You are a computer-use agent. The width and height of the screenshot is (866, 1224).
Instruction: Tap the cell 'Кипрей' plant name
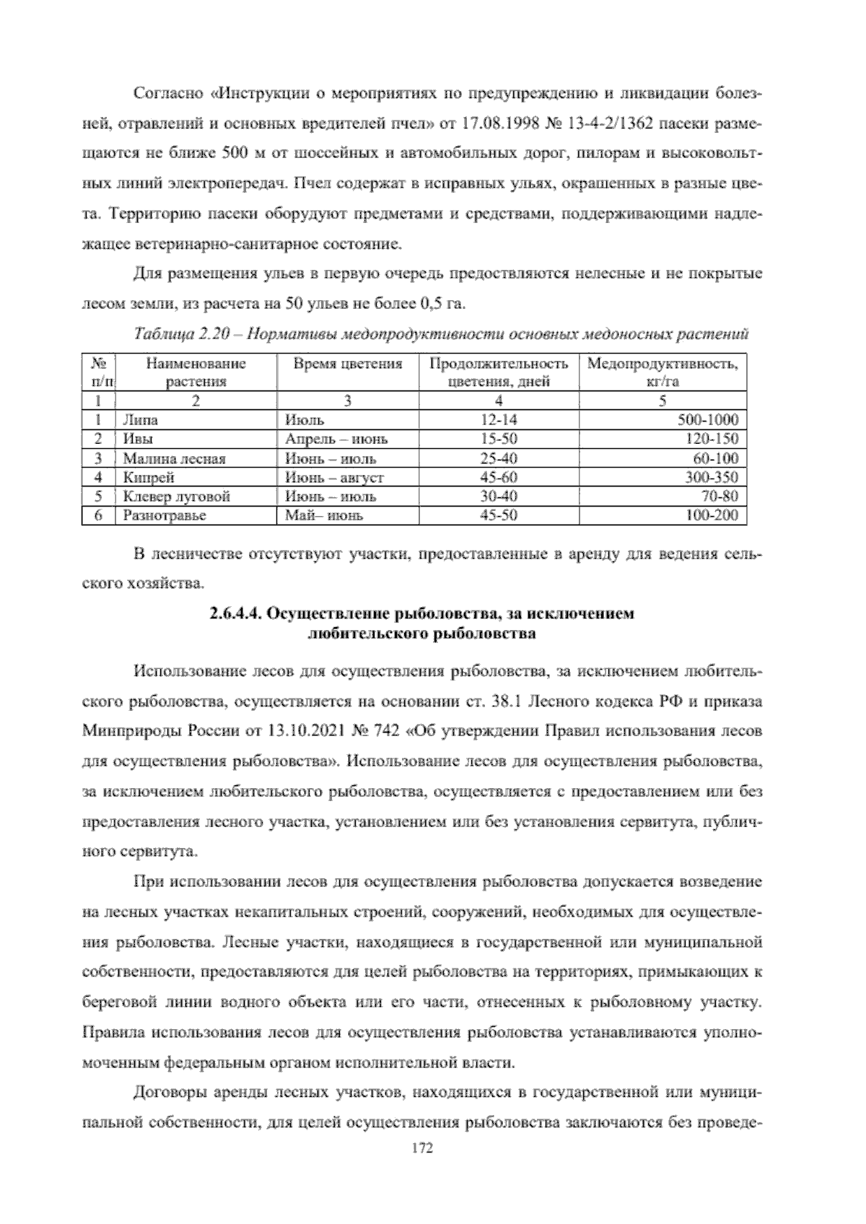[149, 477]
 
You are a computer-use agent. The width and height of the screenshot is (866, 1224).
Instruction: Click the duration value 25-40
[499, 458]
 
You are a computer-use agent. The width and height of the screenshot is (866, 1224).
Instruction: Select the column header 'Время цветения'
[347, 364]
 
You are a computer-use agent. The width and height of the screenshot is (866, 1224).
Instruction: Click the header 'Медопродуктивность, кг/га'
[662, 372]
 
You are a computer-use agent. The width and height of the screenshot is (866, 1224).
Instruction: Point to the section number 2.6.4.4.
[235, 614]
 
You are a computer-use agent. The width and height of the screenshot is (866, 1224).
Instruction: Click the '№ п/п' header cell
[97, 372]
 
